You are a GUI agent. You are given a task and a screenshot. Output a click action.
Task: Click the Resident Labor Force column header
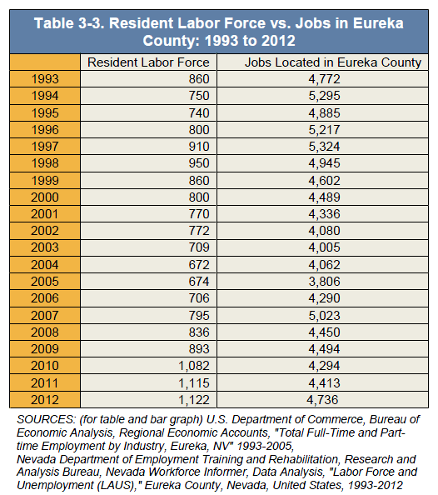pos(148,62)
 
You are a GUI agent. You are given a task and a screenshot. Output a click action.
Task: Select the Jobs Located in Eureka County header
pos(333,62)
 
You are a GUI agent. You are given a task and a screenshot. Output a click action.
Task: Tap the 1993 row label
pos(45,79)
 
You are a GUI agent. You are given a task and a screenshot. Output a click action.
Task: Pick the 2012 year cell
pos(45,400)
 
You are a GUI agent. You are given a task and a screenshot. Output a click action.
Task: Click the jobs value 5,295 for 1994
pos(325,96)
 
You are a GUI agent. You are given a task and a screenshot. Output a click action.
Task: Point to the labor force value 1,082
pos(194,366)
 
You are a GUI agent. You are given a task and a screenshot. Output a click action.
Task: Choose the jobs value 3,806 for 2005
pos(325,282)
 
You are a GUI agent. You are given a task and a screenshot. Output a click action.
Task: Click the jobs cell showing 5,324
pos(325,147)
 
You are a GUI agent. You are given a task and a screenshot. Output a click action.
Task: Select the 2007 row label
pos(45,315)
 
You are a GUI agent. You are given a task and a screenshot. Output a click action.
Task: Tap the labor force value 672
pos(199,264)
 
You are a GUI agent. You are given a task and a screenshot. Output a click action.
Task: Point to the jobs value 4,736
pos(322,400)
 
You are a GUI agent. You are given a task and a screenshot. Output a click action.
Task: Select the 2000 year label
pos(45,197)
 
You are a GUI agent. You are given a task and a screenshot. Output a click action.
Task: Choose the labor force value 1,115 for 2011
pos(194,383)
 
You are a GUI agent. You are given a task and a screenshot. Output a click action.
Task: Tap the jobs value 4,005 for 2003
pos(325,247)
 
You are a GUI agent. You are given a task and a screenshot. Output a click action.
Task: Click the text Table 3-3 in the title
pos(69,23)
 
